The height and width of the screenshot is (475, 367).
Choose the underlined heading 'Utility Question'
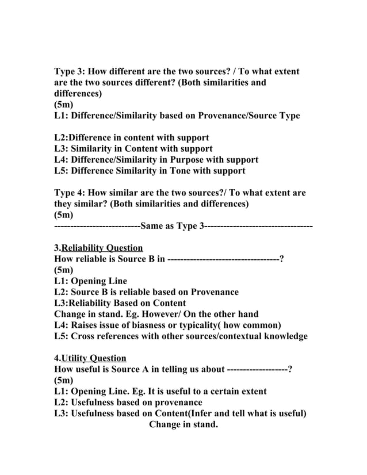tap(94, 358)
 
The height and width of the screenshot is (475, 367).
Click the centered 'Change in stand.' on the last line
tap(183, 425)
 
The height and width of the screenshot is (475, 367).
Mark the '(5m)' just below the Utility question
tap(63, 380)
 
